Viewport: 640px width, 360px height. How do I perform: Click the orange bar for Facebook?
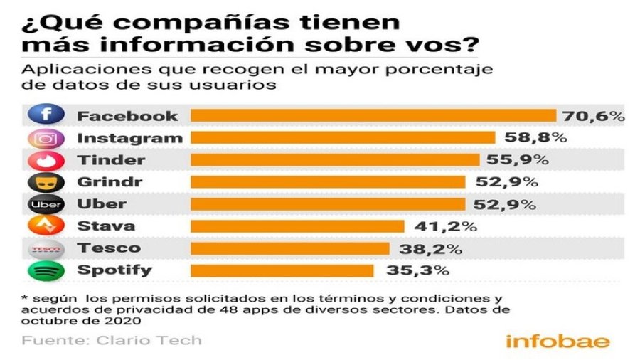pyautogui.click(x=374, y=115)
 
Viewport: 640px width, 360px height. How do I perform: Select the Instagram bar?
pyautogui.click(x=343, y=137)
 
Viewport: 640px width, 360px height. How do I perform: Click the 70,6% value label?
pyautogui.click(x=594, y=115)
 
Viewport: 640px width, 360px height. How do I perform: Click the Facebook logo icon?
pyautogui.click(x=46, y=115)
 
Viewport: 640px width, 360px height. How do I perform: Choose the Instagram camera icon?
pyautogui.click(x=46, y=138)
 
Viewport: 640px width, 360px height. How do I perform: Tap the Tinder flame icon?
pyautogui.click(x=46, y=160)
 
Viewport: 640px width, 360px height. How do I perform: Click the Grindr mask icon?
pyautogui.click(x=46, y=182)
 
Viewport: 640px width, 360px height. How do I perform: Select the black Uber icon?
pyautogui.click(x=46, y=205)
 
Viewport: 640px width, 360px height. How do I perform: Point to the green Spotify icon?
pyautogui.click(x=46, y=270)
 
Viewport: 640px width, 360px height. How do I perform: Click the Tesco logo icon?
pyautogui.click(x=46, y=248)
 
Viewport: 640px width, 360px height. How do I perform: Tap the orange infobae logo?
pyautogui.click(x=558, y=341)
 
